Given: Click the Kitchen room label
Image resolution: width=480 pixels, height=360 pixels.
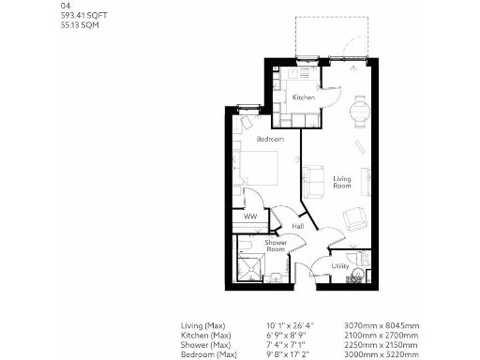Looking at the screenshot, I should tap(303, 97).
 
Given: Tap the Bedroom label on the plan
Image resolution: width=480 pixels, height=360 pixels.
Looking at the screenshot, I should tap(270, 139).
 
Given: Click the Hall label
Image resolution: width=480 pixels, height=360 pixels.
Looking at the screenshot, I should tap(297, 226).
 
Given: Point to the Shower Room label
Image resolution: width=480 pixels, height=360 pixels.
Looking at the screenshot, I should tap(275, 246).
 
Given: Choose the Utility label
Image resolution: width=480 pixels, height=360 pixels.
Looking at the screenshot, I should tap(340, 266).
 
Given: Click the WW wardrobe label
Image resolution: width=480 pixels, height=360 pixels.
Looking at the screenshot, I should tap(250, 217).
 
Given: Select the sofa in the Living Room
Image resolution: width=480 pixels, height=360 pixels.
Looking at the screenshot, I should tap(313, 177).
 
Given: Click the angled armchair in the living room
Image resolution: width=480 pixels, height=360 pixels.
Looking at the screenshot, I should tap(354, 218).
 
